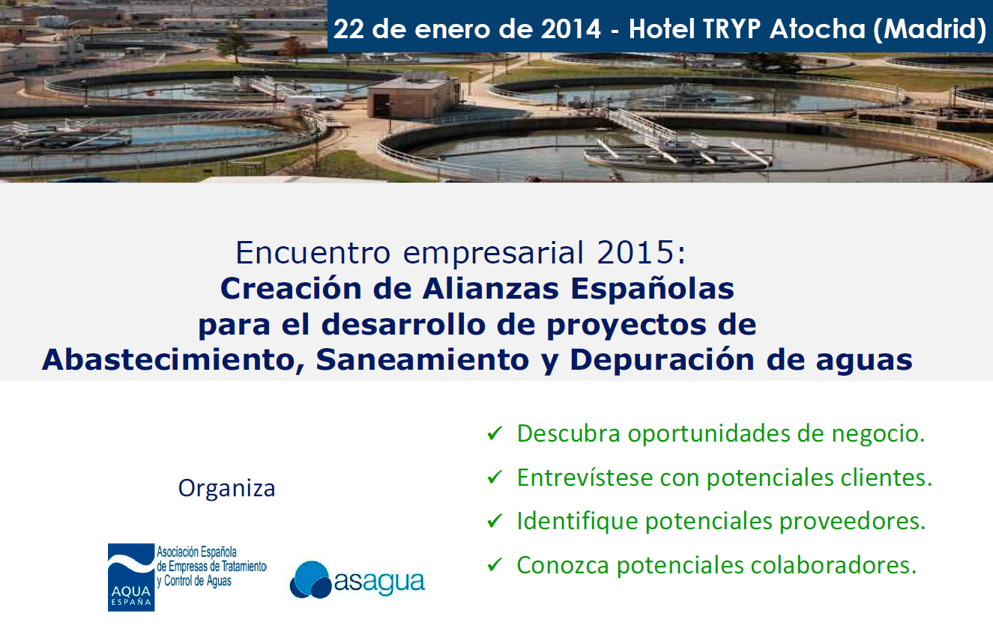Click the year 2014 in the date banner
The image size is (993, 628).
(x=570, y=29)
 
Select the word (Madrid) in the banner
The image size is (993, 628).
(x=930, y=30)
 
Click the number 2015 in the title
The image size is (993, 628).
(x=636, y=253)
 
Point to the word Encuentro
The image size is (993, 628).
(x=313, y=253)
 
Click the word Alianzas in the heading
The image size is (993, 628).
(x=491, y=289)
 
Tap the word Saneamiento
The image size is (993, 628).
(x=423, y=359)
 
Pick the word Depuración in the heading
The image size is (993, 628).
(x=662, y=359)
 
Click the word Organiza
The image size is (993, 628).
(x=226, y=489)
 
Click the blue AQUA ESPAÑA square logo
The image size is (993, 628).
(x=131, y=577)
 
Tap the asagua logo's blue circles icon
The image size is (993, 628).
(x=310, y=580)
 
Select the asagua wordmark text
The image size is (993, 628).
(x=379, y=582)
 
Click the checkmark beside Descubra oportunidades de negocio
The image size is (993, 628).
(x=495, y=433)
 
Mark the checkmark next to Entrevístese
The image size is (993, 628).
(x=495, y=477)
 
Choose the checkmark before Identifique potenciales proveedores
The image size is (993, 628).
(x=495, y=521)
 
